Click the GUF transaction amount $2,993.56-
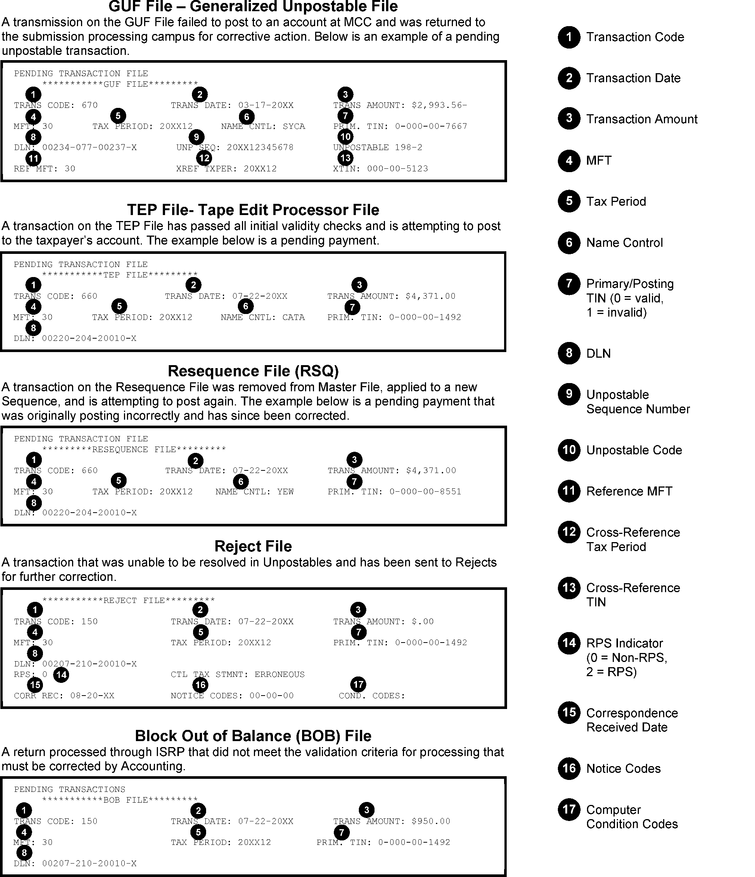click(x=439, y=105)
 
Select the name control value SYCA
click(x=294, y=127)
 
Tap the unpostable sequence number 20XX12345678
click(x=260, y=148)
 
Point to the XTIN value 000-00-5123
click(x=397, y=169)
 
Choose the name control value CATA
click(x=293, y=317)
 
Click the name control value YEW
click(x=285, y=492)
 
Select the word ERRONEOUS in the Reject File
click(x=279, y=674)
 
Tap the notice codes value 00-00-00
click(x=271, y=696)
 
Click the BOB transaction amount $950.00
click(x=431, y=821)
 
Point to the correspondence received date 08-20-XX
click(x=92, y=696)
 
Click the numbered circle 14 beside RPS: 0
click(x=61, y=674)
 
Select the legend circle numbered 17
click(x=569, y=809)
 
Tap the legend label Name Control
click(x=624, y=243)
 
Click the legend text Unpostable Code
click(x=634, y=450)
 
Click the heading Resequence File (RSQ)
click(x=253, y=371)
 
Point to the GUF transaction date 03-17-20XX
click(x=266, y=105)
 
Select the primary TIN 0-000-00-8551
click(x=425, y=492)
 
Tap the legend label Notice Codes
click(x=624, y=769)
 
